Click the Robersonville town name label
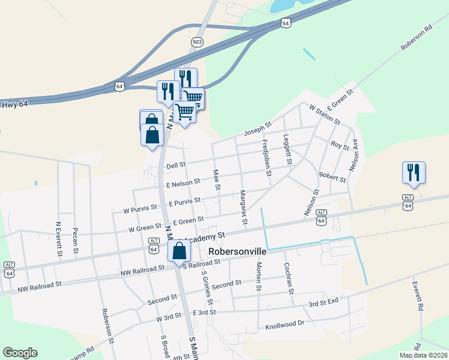coord(237,252)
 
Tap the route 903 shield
coord(197,41)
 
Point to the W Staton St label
coord(324,114)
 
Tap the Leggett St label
coord(288,149)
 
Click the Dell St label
coord(176,164)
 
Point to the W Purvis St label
coord(140,209)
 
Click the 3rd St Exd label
coord(324,304)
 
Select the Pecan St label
coord(76,240)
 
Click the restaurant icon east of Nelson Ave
coord(414,172)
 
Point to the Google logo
coord(20,353)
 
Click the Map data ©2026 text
coord(423,355)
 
